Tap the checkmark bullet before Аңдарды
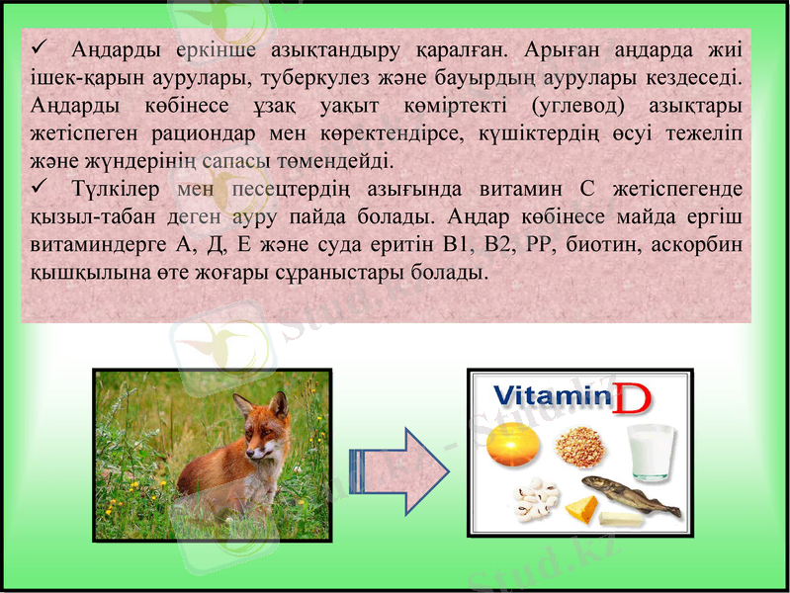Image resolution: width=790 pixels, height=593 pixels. tap(40, 46)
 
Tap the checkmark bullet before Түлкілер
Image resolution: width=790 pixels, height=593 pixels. tap(40, 187)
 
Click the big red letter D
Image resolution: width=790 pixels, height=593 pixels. tap(632, 399)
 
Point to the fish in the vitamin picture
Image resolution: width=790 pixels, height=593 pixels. tap(628, 494)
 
